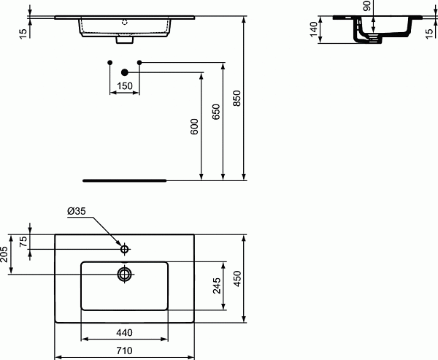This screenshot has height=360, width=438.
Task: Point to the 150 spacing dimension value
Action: (124, 87)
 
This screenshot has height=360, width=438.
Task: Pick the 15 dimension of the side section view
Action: (429, 32)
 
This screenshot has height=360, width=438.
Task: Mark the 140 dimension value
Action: (315, 31)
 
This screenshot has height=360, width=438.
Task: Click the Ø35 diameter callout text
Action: (77, 212)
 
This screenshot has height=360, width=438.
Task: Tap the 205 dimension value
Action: (4, 255)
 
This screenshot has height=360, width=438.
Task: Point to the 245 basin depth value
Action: (216, 286)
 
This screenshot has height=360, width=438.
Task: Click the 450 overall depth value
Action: (237, 278)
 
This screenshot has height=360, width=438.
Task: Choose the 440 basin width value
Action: (124, 332)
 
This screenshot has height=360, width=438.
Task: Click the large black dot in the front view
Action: (124, 72)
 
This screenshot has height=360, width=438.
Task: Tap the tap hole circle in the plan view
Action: (125, 249)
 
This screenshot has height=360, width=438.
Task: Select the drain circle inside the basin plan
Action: (125, 275)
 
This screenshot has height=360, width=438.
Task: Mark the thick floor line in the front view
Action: (124, 179)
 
